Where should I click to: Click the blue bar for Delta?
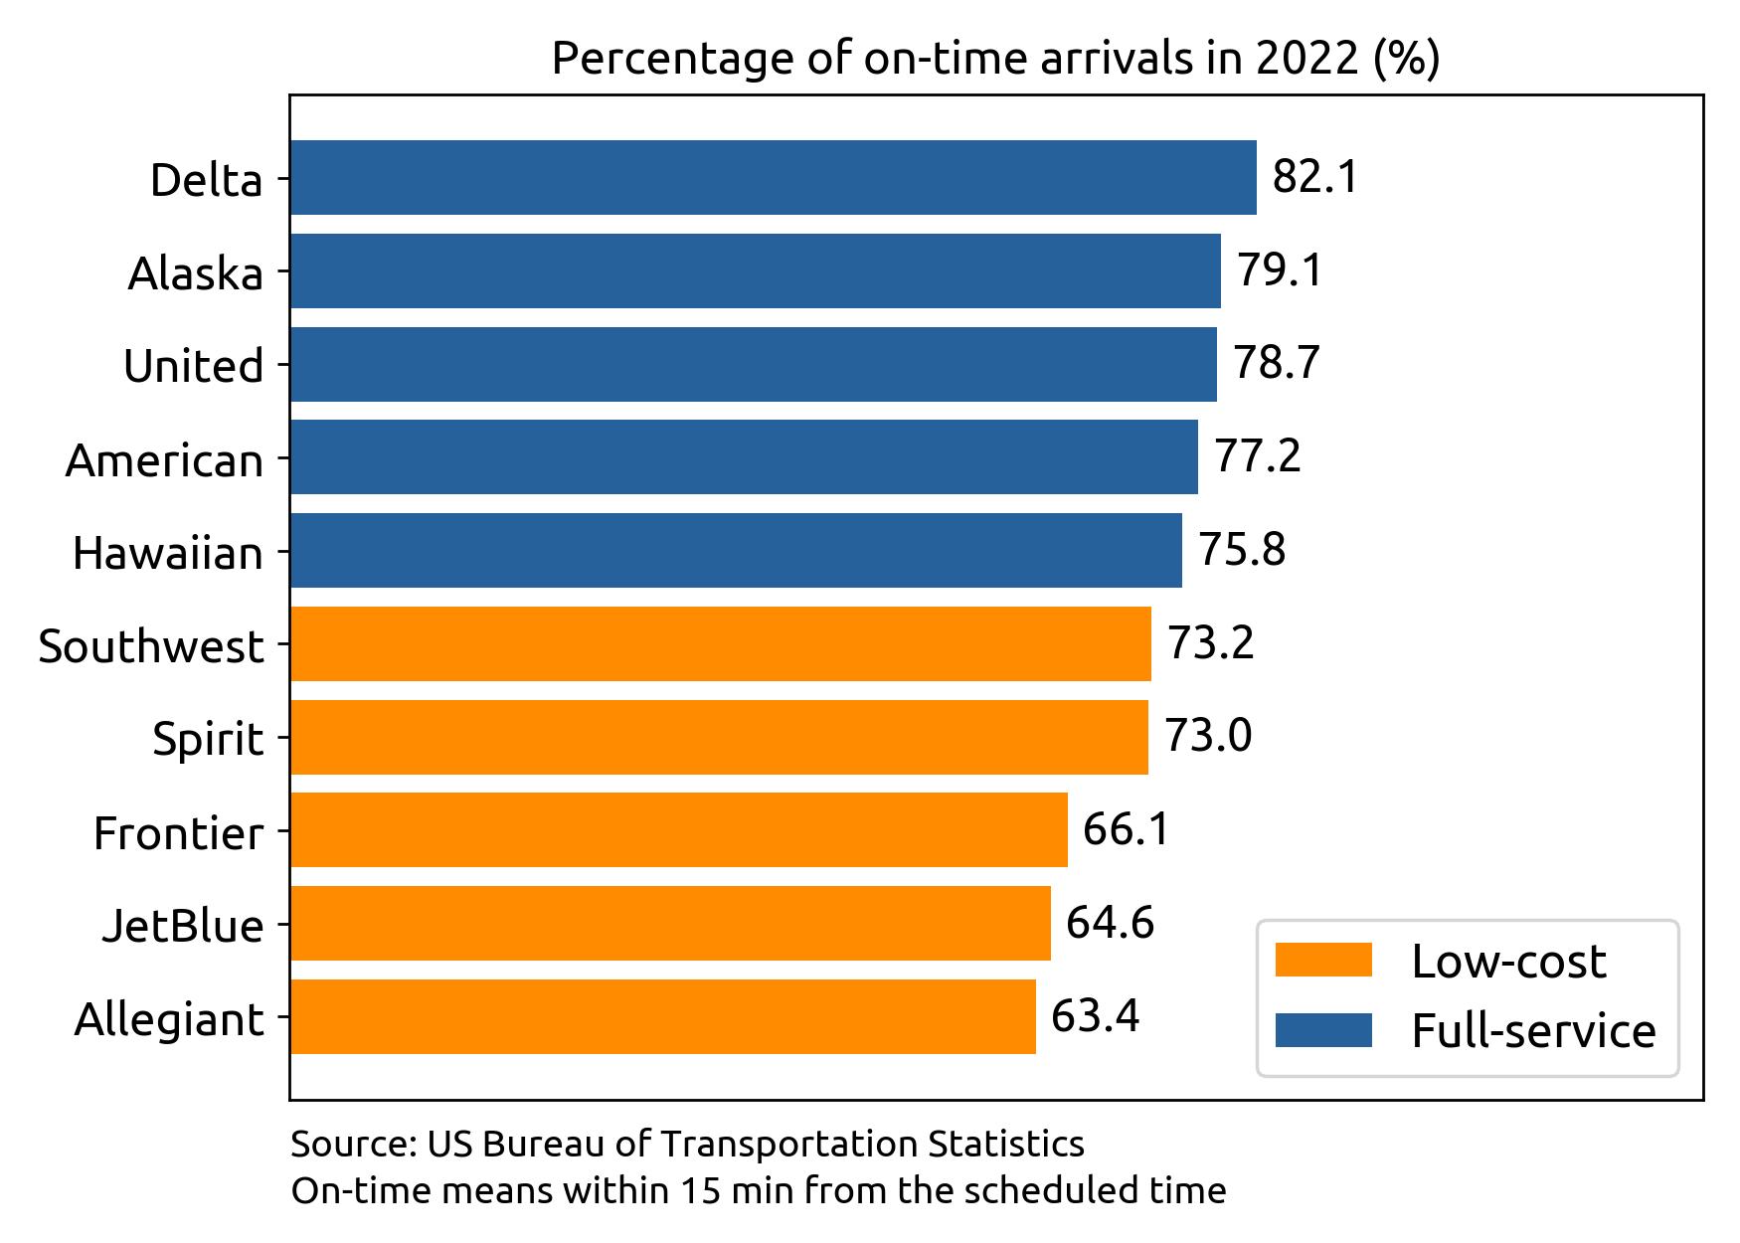point(773,178)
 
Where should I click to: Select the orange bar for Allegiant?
point(662,1016)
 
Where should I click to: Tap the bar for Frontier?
point(678,830)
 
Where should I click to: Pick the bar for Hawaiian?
point(736,551)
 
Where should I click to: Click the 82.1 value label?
point(1314,178)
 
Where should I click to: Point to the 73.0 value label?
point(1207,737)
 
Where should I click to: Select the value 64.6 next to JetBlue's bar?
point(1110,923)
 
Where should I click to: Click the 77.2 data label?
point(1257,457)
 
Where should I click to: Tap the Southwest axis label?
point(151,647)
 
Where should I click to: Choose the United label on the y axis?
point(193,367)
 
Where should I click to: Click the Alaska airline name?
point(195,273)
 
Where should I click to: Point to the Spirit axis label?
point(208,740)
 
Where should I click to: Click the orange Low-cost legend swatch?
point(1323,961)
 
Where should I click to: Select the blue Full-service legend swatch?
point(1323,1030)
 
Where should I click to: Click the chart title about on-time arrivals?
point(995,60)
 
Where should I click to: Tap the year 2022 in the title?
point(1305,60)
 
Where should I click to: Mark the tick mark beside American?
point(283,458)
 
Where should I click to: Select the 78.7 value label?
point(1276,364)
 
